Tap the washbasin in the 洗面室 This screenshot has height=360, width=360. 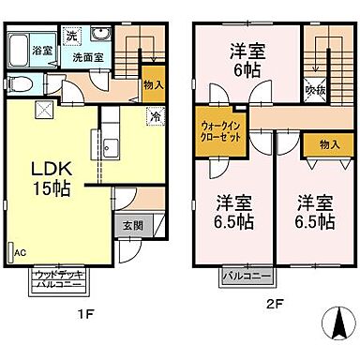coord(106,37)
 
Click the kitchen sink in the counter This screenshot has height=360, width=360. coord(110,146)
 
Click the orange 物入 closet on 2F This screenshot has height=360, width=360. coord(328,143)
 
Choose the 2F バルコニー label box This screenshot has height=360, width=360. coord(246,277)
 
